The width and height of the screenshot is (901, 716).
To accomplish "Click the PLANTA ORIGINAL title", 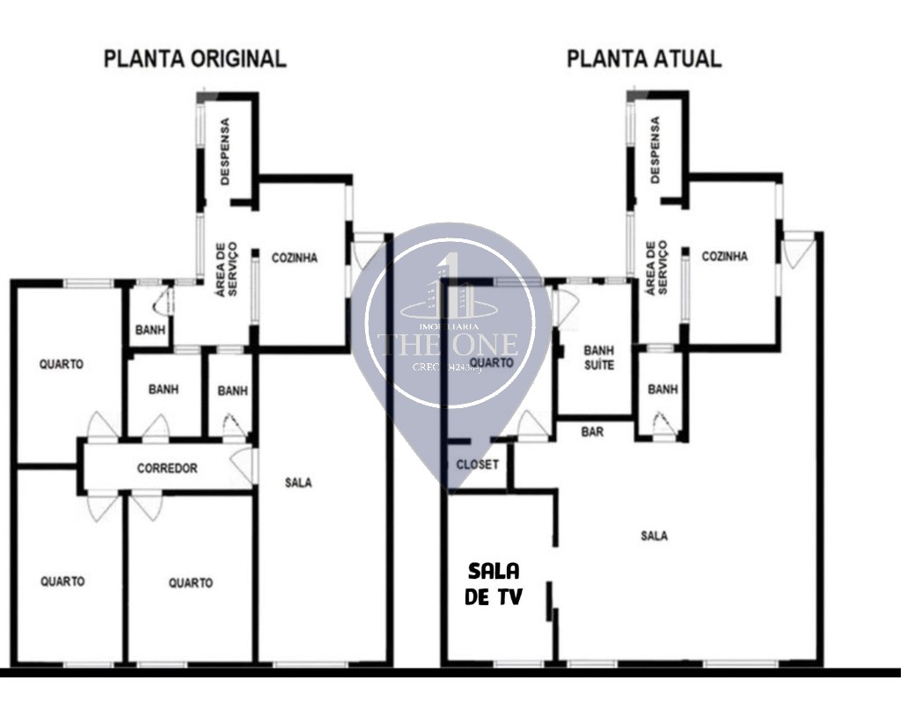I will click(x=194, y=59).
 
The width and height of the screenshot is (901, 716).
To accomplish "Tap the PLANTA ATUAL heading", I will click(x=643, y=59).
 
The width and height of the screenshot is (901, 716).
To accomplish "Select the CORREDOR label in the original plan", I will click(x=167, y=469).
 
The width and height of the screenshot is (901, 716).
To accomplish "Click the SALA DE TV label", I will click(x=494, y=583).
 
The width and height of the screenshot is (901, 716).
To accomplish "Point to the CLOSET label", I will click(x=478, y=464).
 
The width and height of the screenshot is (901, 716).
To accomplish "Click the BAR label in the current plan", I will click(x=592, y=432).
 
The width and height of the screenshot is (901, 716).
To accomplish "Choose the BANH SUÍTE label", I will click(x=598, y=357).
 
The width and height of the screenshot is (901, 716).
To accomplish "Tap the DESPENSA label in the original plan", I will click(x=225, y=152).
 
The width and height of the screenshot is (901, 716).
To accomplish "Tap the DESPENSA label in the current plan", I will click(x=655, y=150).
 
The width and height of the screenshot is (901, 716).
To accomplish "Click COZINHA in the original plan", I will click(x=294, y=258).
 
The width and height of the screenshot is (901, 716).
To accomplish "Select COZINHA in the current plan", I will click(x=724, y=257).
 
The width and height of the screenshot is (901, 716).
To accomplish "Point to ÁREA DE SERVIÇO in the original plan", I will click(x=226, y=268).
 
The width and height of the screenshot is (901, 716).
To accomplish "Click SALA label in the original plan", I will click(x=299, y=482).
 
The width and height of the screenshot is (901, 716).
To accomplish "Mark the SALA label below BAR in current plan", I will click(x=654, y=535).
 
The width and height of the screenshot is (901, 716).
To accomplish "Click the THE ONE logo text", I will click(x=449, y=343).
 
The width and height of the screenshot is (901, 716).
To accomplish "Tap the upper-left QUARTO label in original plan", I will click(x=62, y=364).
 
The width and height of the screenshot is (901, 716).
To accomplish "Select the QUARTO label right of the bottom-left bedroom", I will click(x=190, y=582).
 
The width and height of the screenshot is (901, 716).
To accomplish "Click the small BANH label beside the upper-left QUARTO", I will click(x=150, y=331).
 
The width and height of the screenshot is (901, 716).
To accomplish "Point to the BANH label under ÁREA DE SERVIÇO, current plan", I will click(x=663, y=390).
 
